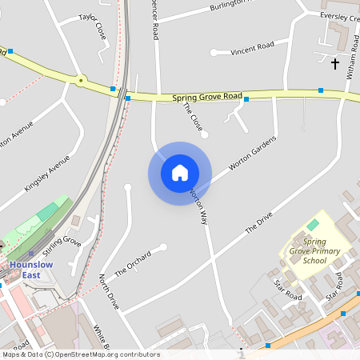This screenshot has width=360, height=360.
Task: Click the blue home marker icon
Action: click(180, 173)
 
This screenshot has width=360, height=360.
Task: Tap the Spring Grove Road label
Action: click(206, 97)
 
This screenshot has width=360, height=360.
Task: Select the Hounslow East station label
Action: click(31, 270)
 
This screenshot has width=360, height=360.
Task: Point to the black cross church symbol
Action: click(335, 62)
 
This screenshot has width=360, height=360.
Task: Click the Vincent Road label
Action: click(252, 48)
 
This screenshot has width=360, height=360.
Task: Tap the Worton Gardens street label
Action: click(252, 153)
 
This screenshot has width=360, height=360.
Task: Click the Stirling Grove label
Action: click(62, 246)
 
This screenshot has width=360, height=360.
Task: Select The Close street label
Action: click(192, 117)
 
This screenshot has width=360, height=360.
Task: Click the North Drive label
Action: click(108, 291)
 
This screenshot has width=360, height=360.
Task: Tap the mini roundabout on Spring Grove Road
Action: click(81, 79)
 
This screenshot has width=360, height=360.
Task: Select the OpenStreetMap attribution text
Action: click(80, 354)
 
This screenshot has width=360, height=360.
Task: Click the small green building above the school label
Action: click(313, 226)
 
